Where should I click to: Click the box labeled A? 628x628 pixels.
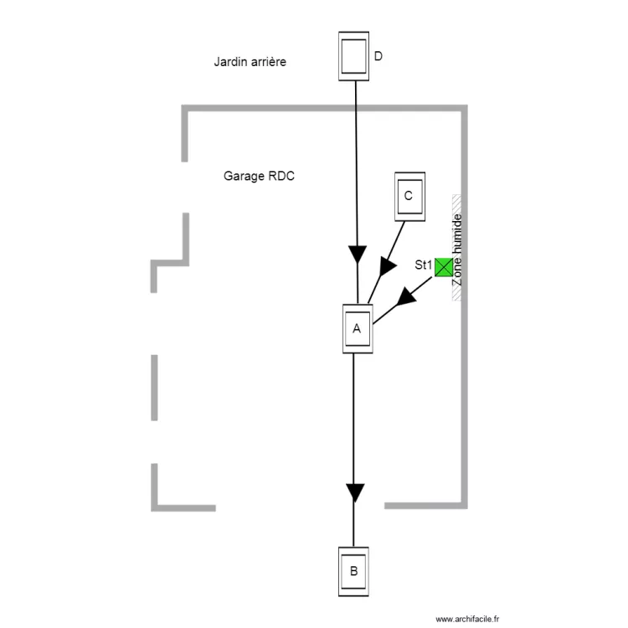[358, 328]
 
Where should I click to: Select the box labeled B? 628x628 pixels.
[353, 571]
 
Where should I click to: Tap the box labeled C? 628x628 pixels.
[409, 196]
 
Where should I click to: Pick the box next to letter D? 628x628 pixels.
[353, 56]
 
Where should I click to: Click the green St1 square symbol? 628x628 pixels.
[443, 267]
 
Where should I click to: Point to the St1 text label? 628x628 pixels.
[423, 265]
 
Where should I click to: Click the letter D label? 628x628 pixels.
[378, 57]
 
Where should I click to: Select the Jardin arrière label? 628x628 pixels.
[250, 61]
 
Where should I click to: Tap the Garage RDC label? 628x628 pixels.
[259, 177]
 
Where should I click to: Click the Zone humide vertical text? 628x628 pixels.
[457, 250]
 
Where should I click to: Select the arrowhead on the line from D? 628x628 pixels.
[358, 253]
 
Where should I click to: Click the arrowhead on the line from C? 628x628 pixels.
[388, 265]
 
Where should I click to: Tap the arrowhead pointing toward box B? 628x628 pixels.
[355, 492]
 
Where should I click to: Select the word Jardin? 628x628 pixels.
[230, 61]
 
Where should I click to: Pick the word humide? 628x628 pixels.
[457, 235]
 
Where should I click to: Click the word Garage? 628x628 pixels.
[243, 177]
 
